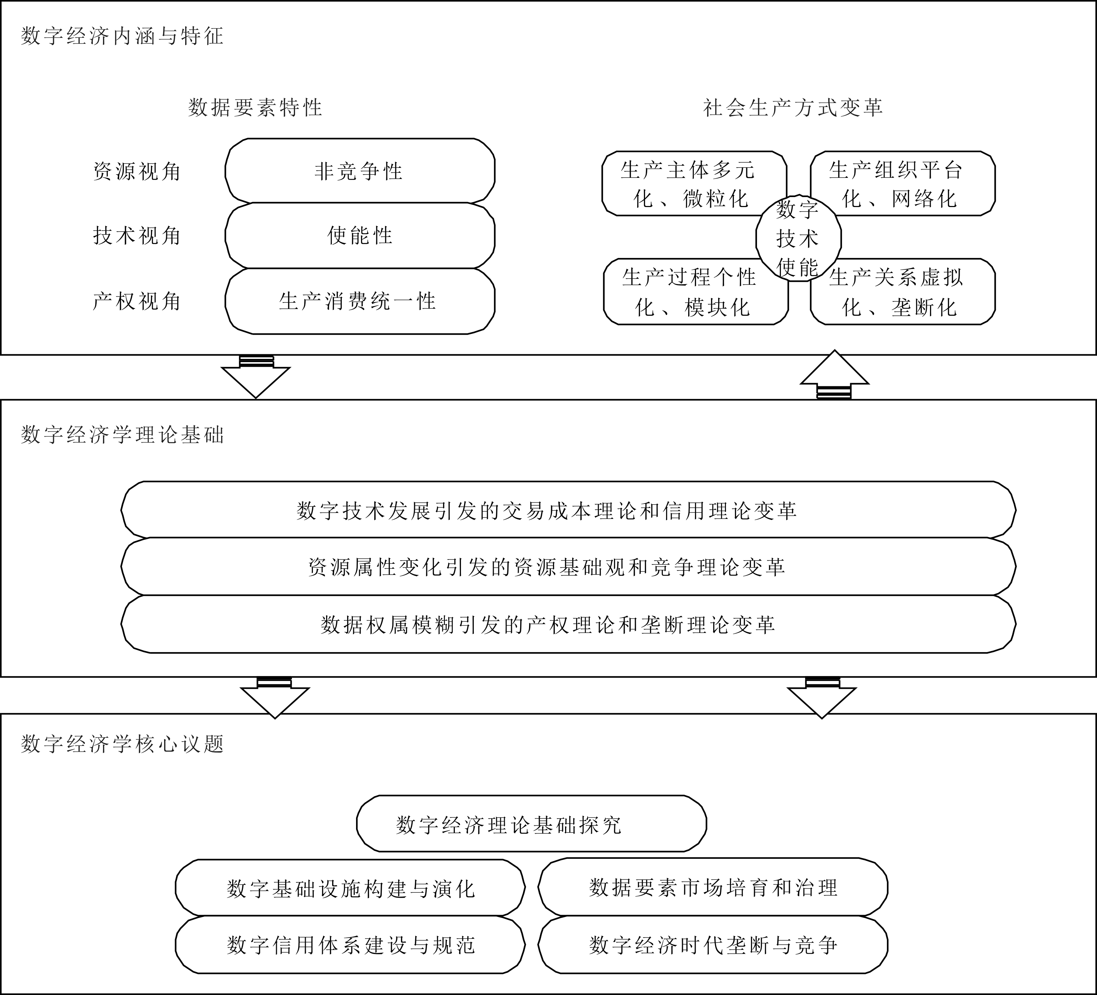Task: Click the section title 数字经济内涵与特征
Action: tap(122, 36)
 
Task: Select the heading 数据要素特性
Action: tap(255, 108)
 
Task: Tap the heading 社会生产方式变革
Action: tap(793, 108)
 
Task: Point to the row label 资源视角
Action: tap(137, 171)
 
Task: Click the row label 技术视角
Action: tap(137, 236)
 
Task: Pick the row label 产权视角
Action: tap(137, 301)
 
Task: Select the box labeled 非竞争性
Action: tap(360, 171)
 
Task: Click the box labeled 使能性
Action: tap(360, 236)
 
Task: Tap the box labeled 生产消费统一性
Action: tap(360, 301)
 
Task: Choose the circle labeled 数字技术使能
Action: tap(798, 238)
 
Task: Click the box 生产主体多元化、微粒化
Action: tap(694, 183)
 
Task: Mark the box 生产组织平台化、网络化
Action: tap(903, 183)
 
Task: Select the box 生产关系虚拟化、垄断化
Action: tap(903, 292)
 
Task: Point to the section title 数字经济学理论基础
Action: tap(122, 435)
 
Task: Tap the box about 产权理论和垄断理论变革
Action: tap(568, 624)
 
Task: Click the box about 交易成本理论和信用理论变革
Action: tap(568, 510)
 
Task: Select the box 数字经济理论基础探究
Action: tap(531, 824)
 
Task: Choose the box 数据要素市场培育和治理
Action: tap(713, 887)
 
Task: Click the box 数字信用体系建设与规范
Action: tap(350, 945)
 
